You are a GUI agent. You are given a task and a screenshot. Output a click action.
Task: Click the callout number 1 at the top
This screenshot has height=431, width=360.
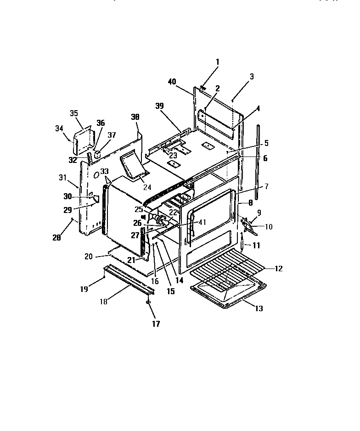(217, 62)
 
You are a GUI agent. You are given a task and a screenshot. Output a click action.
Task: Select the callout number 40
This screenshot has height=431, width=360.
(172, 82)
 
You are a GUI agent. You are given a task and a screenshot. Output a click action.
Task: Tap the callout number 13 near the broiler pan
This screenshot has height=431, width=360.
(259, 308)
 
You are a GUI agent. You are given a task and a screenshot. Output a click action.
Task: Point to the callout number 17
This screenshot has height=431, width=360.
(156, 324)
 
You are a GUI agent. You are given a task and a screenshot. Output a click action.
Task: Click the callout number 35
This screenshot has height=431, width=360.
(74, 113)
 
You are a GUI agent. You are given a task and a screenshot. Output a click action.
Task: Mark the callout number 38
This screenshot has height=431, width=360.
(135, 117)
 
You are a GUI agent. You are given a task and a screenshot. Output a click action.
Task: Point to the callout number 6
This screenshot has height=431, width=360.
(265, 158)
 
